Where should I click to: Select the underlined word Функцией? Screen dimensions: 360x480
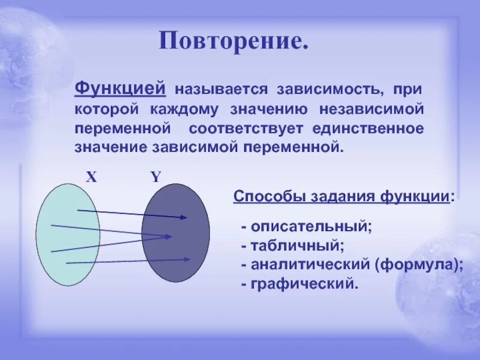click(120, 89)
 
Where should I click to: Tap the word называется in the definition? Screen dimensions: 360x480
click(220, 90)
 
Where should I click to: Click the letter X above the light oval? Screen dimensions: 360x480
click(91, 176)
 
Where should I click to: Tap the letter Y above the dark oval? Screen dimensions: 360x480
click(155, 176)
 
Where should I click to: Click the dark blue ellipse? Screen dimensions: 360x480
click(176, 233)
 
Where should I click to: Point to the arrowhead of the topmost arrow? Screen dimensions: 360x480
click(185, 218)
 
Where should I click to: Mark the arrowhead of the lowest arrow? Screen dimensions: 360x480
click(188, 259)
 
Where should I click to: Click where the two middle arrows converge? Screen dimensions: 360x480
click(169, 236)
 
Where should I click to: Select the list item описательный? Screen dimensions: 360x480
click(311, 227)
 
